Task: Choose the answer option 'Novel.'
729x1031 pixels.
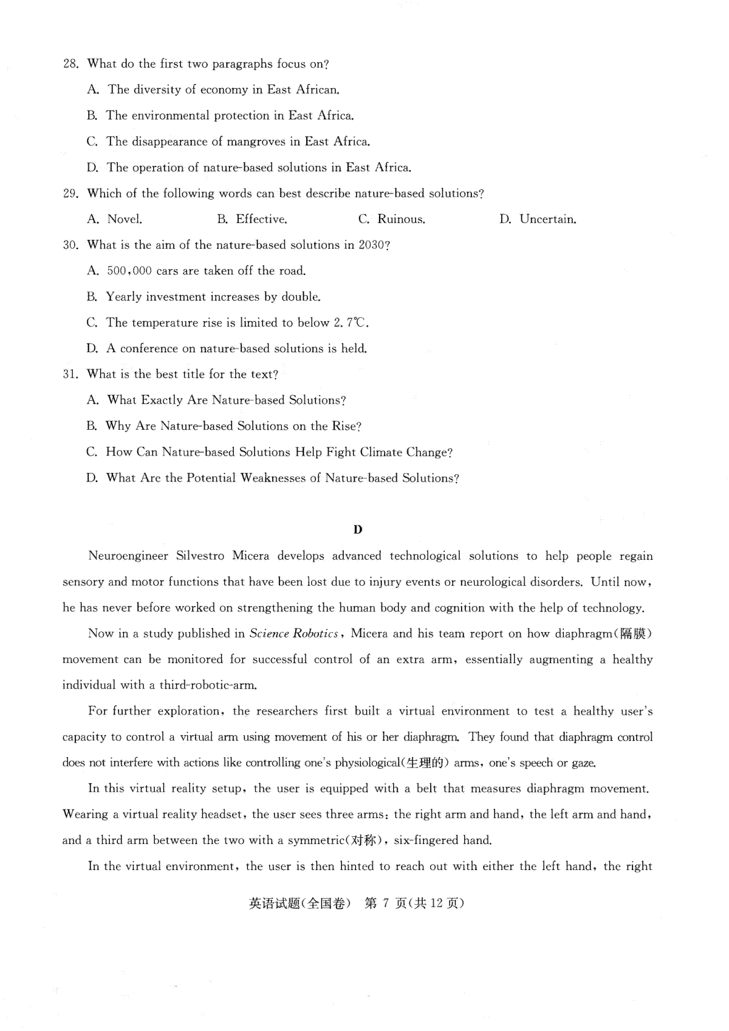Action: pos(125,220)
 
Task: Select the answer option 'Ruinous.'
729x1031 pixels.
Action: pos(401,220)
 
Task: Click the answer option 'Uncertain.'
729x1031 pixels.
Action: pos(547,220)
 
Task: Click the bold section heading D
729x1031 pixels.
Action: pos(358,529)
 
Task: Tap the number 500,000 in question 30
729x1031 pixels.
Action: pos(129,271)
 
